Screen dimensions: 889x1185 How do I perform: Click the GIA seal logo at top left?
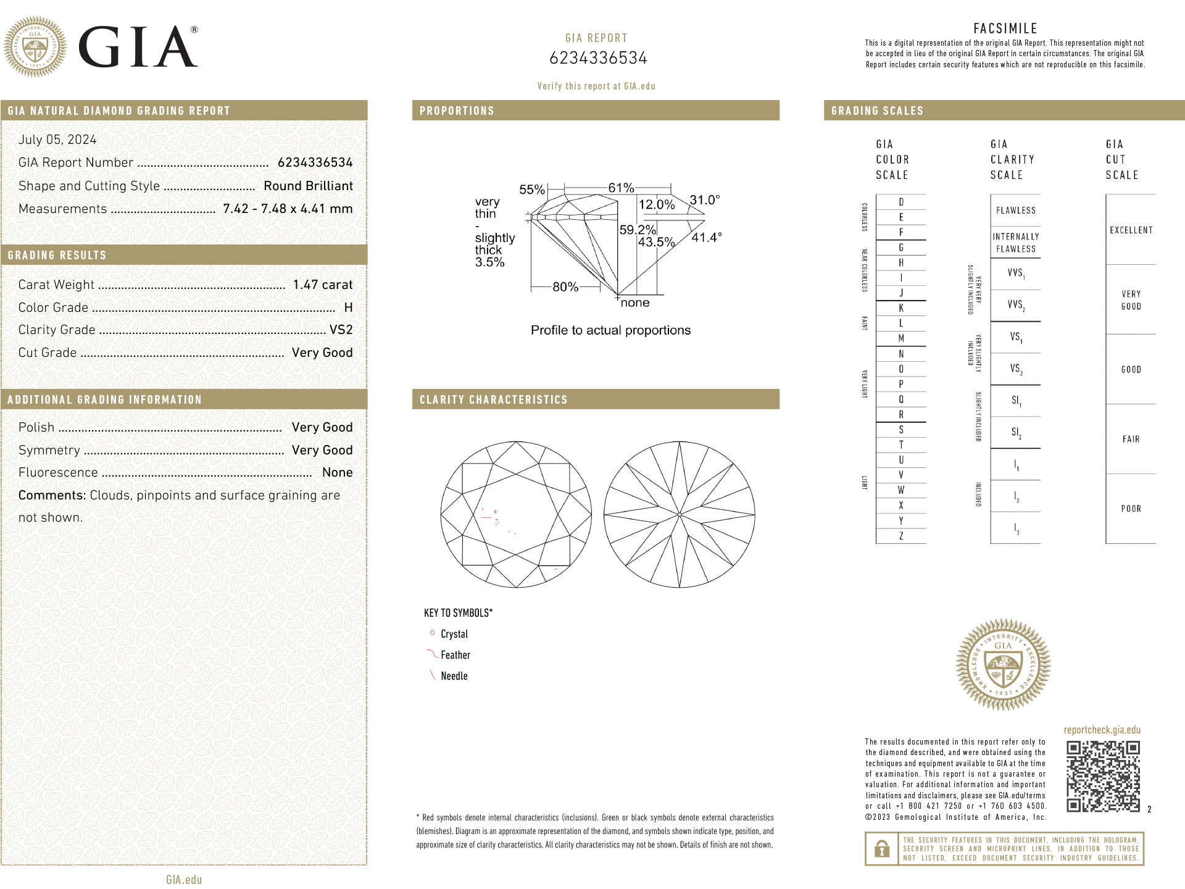coord(35,47)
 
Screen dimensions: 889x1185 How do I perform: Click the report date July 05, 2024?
coord(57,140)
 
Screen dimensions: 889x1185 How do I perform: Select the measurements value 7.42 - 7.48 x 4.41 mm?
coord(288,209)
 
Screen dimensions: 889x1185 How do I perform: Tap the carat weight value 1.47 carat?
coord(323,285)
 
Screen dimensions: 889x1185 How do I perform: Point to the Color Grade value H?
coord(348,307)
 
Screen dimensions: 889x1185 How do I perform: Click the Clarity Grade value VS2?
coord(341,330)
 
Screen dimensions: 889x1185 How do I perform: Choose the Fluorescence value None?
coord(337,472)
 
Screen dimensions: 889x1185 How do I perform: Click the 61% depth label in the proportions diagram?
coord(621,188)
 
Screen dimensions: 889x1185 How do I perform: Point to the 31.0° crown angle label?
coord(704,200)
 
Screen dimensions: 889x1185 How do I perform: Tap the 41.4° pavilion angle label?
coord(706,237)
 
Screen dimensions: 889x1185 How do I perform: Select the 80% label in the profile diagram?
coord(565,286)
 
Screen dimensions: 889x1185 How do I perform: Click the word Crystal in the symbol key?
coord(454,634)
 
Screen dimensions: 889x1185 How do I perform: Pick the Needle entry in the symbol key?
coord(454,676)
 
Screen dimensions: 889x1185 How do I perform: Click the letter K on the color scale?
coord(901,308)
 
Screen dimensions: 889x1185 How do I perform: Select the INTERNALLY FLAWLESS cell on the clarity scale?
coord(1015,243)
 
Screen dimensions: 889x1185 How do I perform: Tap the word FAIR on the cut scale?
coord(1131,439)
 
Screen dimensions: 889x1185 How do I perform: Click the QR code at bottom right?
coord(1103,776)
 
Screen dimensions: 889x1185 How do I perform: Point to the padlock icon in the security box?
coord(882,849)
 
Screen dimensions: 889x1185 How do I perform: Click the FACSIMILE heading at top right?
coord(1005,28)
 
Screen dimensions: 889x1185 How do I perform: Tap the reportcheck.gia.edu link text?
coord(1102,730)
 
